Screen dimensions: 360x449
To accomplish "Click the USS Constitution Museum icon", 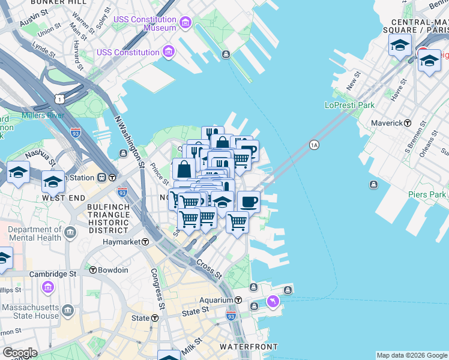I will tap(185, 24).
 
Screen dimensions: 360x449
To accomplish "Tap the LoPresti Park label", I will tap(349, 105).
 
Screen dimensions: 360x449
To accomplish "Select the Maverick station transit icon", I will tap(408, 123).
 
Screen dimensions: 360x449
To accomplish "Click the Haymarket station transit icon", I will tap(145, 242).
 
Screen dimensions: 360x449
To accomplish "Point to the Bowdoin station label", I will tap(113, 270).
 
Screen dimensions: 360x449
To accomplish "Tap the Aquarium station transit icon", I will tap(238, 300).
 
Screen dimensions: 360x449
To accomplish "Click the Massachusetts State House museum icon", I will tap(68, 310).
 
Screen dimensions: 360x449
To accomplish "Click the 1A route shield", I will tap(313, 145).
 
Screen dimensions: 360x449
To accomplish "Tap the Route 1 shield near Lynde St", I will tap(59, 98).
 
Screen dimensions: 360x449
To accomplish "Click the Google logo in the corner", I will tap(19, 353).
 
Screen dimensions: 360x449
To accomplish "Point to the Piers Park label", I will tap(427, 194).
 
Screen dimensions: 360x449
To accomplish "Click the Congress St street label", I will tap(157, 289).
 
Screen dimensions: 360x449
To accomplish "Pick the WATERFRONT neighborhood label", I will tap(249, 347).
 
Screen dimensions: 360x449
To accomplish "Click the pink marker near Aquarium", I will tap(273, 301).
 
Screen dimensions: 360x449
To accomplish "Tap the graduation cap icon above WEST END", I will tap(53, 181).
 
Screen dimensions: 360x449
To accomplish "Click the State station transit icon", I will tap(155, 318).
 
